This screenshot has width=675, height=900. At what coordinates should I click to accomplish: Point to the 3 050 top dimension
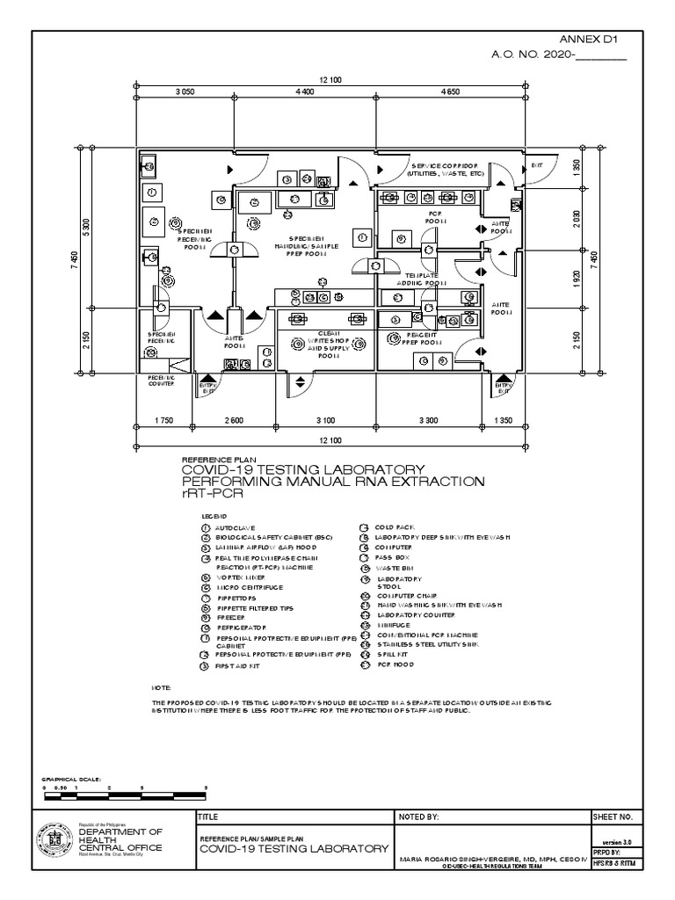point(185,91)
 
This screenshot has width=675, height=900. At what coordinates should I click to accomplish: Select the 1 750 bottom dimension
point(163,421)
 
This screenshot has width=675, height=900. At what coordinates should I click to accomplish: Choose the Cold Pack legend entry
point(389,526)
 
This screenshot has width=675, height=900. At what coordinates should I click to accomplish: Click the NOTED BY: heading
point(418,817)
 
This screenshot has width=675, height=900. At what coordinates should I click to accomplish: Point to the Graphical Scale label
point(73,779)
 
